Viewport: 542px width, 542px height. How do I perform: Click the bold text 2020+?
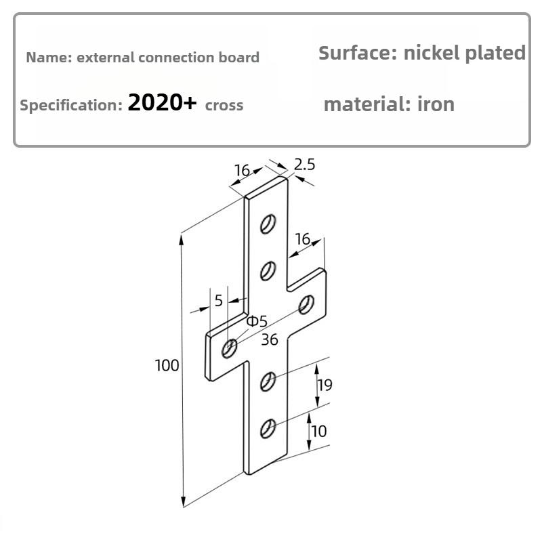162,103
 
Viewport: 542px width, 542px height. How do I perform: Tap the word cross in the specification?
224,106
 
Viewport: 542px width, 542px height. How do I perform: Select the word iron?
436,104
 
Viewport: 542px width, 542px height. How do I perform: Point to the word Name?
49,58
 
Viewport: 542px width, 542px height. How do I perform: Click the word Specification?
71,106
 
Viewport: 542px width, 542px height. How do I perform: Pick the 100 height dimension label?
167,365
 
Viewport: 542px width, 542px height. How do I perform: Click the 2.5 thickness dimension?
304,165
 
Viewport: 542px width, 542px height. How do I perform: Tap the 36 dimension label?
270,340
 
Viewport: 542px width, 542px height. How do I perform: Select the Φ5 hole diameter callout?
257,321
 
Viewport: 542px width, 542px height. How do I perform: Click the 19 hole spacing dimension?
325,385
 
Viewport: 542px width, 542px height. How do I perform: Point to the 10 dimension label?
318,431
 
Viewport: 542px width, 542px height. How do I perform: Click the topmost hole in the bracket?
268,224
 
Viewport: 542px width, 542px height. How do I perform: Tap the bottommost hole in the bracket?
268,429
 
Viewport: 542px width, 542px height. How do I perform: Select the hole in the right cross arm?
306,304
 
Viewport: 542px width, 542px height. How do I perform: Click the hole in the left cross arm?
230,348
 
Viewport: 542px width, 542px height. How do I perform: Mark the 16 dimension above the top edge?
242,170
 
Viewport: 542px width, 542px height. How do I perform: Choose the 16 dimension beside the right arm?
303,239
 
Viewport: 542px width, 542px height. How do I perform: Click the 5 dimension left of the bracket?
218,301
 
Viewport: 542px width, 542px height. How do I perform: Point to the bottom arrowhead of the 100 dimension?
184,502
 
